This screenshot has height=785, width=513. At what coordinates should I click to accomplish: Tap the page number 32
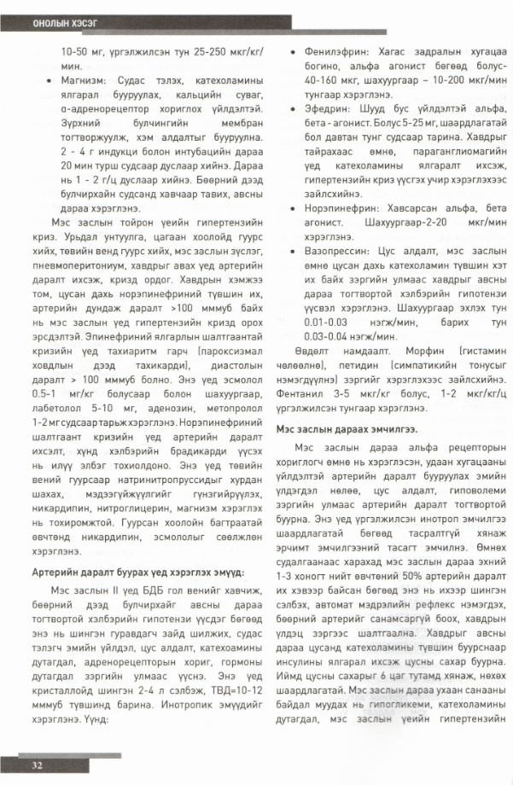(38, 765)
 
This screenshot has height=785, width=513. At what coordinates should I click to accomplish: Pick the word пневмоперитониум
(70, 266)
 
